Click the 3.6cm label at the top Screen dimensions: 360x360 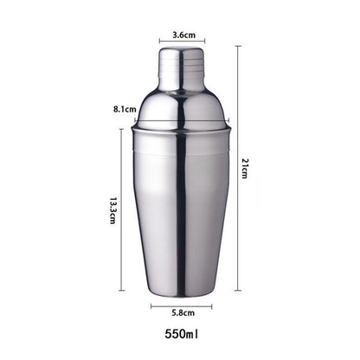183,35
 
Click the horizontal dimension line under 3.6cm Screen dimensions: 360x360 183,42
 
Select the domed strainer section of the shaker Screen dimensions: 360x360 182,108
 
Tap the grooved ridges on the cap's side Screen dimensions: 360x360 204,64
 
